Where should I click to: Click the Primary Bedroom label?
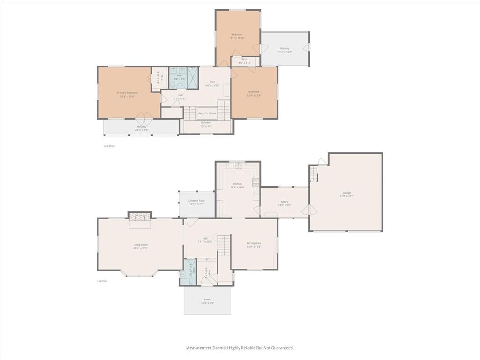coord(127,93)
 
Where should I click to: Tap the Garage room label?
coord(347,193)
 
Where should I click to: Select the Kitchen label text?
coord(238,183)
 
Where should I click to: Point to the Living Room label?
coord(141,244)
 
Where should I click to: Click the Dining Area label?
coord(254,243)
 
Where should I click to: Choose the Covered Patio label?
coord(196,200)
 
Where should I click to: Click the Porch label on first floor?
coord(207,299)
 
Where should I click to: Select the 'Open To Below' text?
coord(207,113)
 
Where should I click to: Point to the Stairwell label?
coord(206,122)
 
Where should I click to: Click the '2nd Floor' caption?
coord(109,146)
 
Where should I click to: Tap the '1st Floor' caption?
coord(102,281)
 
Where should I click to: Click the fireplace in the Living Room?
coord(140,217)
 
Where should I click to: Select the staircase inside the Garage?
coord(313,175)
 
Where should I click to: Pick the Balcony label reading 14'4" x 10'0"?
coord(285,48)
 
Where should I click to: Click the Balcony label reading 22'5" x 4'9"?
coord(142,126)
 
